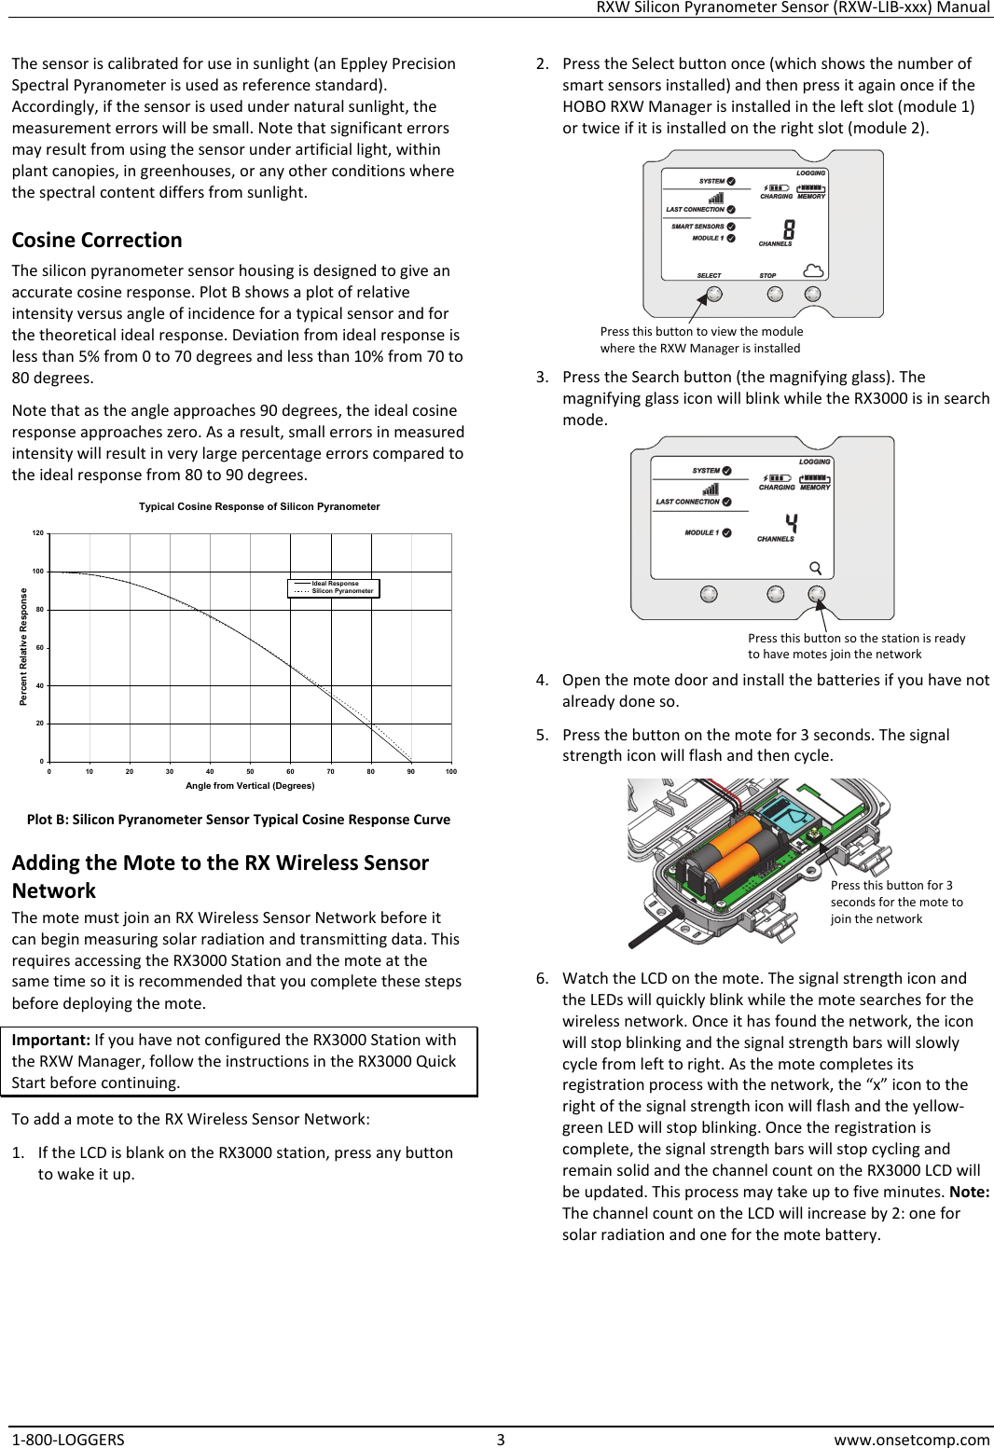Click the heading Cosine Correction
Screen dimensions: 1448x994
coord(97,241)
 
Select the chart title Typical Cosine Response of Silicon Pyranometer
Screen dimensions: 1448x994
coord(259,507)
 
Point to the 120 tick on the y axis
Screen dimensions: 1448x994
coord(37,533)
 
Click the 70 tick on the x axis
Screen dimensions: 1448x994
coord(330,772)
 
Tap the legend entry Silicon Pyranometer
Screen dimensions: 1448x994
coord(342,591)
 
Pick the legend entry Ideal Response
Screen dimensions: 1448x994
coord(335,584)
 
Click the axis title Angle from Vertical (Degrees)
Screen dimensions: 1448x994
coord(250,786)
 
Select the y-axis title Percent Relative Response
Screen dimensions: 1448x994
coord(24,647)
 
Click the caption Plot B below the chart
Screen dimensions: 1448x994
coord(238,820)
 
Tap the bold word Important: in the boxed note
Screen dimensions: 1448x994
coord(51,1041)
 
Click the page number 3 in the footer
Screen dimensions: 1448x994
coord(500,1440)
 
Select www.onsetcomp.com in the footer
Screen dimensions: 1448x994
coord(911,1440)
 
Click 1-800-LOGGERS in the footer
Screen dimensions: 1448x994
coord(68,1440)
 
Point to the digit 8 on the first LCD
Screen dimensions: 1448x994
coord(789,229)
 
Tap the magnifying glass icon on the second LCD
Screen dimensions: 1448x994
coord(815,568)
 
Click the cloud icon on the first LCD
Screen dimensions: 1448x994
coord(813,270)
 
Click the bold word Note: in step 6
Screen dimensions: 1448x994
coord(969,1193)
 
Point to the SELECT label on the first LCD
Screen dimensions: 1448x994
coord(709,276)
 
